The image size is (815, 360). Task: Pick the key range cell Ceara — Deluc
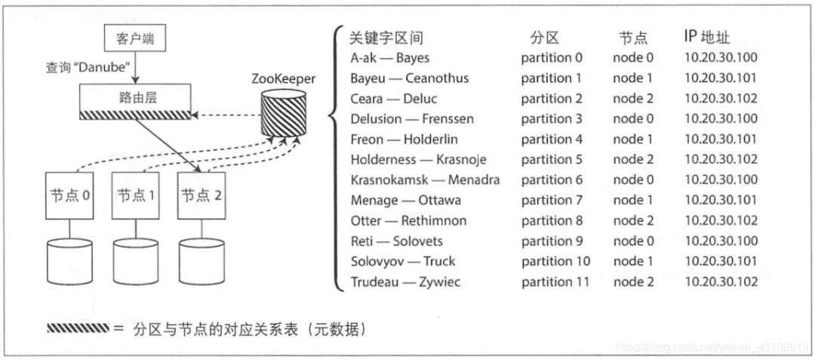click(x=393, y=99)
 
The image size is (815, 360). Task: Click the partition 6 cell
click(x=552, y=180)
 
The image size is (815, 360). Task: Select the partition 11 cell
click(x=555, y=282)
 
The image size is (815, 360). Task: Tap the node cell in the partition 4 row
click(x=632, y=140)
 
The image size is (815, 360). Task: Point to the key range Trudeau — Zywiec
click(x=404, y=282)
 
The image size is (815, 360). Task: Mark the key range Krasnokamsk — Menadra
click(x=425, y=180)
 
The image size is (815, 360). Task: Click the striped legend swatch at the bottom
click(x=78, y=328)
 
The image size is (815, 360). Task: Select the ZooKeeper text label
click(x=284, y=78)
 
